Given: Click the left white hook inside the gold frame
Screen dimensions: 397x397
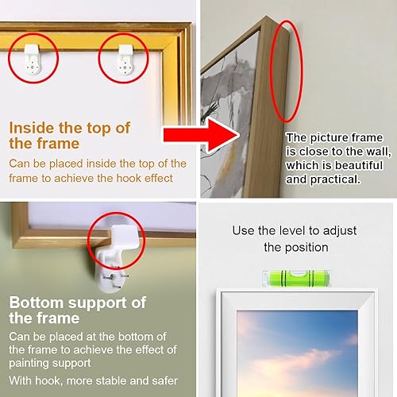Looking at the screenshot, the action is coord(33,59).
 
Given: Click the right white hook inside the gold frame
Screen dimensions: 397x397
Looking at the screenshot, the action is coord(125,60).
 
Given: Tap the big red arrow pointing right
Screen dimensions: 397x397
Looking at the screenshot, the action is coord(202,135).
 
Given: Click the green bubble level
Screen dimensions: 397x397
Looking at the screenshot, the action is coord(296,279).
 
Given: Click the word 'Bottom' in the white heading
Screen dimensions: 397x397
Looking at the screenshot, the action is coord(37,303).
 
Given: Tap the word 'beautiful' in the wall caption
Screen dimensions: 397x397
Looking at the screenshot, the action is coord(359,165).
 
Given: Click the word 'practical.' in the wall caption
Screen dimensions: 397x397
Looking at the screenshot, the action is coord(335,179).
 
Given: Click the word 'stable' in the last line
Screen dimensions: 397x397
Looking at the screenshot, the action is coord(111,381).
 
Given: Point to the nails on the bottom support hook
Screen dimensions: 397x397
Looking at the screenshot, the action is coord(116,278).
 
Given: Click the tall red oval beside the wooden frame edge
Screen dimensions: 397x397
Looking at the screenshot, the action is coord(286,71).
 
